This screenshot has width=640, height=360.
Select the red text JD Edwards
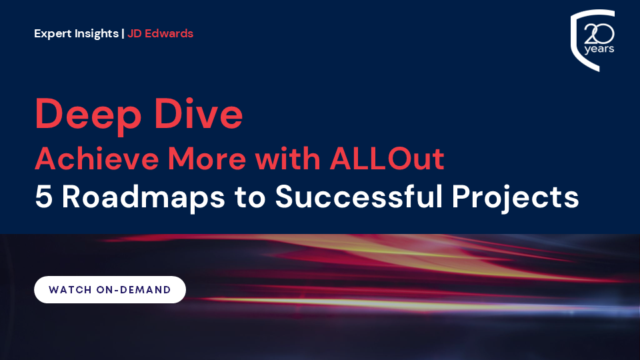[160, 33]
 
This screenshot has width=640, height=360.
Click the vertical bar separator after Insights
[123, 33]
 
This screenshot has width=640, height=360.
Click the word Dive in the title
[199, 113]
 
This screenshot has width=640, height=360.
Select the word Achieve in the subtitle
[97, 159]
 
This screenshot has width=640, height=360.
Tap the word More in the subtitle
[207, 159]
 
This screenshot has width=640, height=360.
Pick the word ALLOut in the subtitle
[387, 159]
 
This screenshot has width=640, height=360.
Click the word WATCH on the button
[70, 290]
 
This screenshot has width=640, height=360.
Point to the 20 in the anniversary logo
[599, 34]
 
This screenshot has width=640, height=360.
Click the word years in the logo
[599, 49]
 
